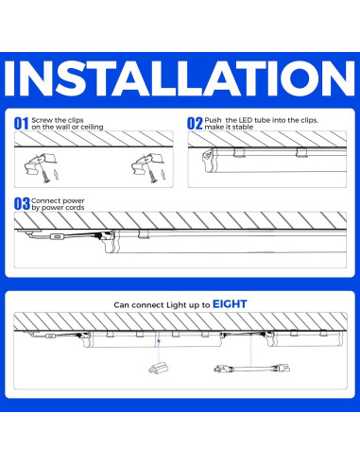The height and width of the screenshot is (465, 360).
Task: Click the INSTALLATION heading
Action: (180, 78)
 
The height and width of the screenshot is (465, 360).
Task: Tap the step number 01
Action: (22, 124)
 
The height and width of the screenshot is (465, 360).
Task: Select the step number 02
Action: (195, 124)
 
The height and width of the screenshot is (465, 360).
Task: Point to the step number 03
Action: (22, 204)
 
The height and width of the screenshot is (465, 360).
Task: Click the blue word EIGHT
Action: (230, 304)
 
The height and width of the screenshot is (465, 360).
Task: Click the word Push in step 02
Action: (213, 120)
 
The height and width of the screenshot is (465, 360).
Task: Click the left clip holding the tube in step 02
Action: (239, 152)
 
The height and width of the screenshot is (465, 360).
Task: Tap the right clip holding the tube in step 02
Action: (301, 152)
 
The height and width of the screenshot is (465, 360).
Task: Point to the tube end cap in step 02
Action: (208, 160)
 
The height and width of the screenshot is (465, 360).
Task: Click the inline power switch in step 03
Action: (57, 236)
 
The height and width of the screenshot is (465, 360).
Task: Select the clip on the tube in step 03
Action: (144, 233)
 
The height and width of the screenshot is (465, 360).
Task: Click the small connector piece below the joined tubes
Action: (159, 368)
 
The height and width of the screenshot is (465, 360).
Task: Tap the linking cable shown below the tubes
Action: (251, 368)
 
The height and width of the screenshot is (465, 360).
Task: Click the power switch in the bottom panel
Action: (50, 336)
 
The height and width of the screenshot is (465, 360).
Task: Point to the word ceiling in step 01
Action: (92, 127)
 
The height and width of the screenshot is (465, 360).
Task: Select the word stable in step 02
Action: (243, 127)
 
